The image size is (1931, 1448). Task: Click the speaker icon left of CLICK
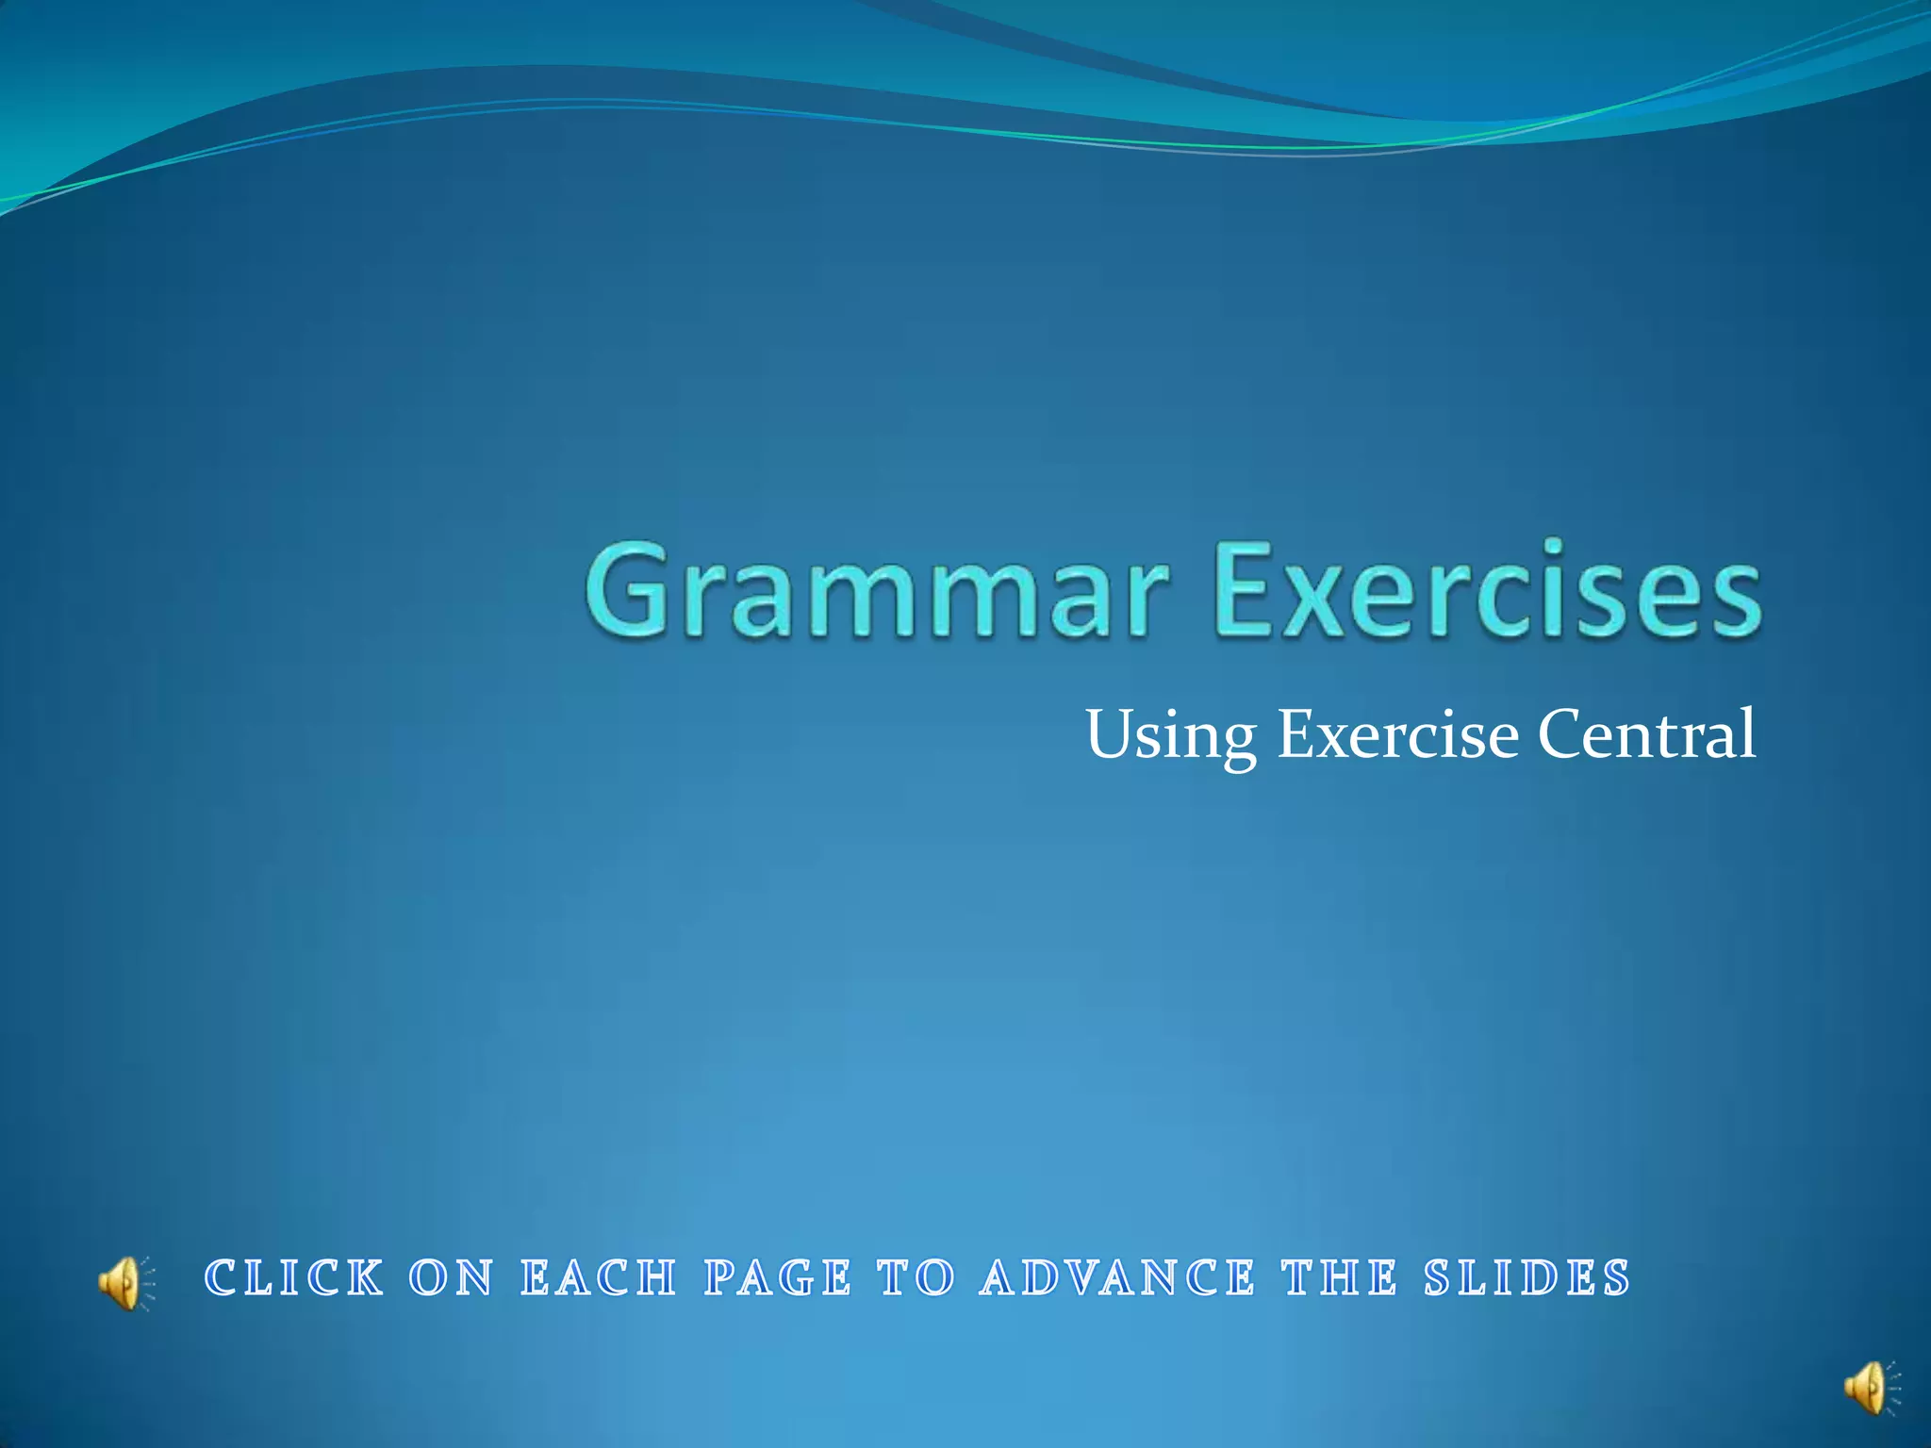(124, 1282)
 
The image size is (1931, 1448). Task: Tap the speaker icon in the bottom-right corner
(1870, 1387)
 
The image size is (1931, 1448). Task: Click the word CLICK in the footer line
(295, 1278)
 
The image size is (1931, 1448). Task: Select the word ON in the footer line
(452, 1278)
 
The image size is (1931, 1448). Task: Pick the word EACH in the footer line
(599, 1278)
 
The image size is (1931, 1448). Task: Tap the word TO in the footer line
(916, 1278)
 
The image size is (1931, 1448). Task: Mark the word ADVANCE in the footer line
(1118, 1278)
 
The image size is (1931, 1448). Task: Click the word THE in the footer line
(1339, 1278)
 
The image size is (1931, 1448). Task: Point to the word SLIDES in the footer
(1527, 1278)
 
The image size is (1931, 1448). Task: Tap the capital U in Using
(1110, 732)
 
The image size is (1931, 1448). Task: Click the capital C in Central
(1561, 732)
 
